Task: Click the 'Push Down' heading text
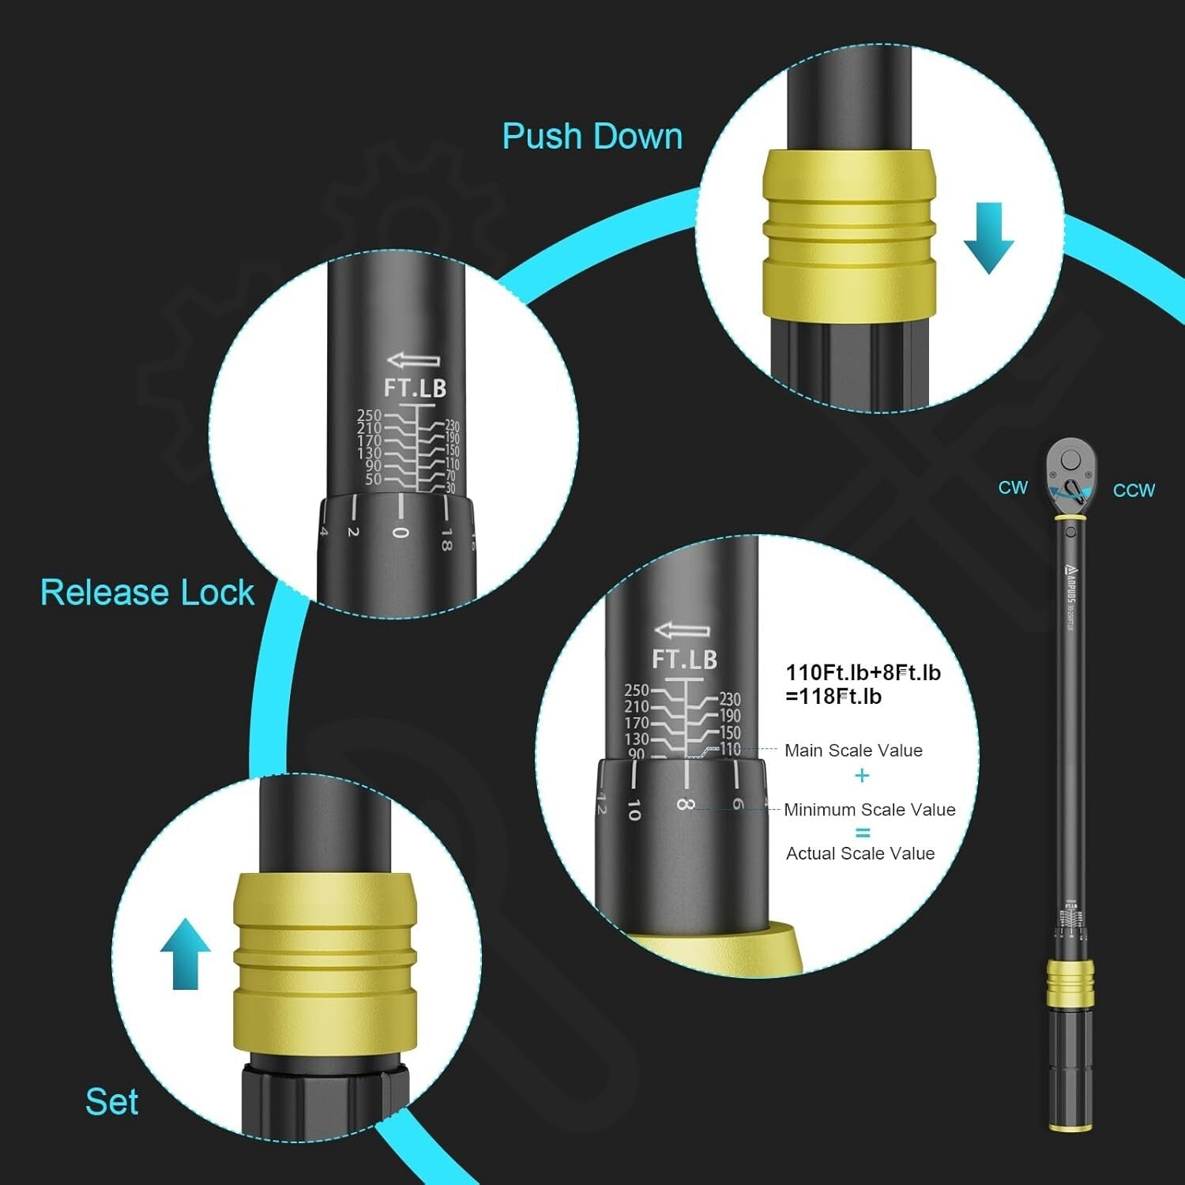coord(592,136)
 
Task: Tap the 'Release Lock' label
coord(147,592)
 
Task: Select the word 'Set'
coord(111,1101)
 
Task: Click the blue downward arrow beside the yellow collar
coord(988,237)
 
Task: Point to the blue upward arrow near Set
coord(186,953)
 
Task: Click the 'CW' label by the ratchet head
coord(1013,487)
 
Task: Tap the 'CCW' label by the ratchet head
coord(1134,491)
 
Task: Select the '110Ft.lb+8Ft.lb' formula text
coord(863,672)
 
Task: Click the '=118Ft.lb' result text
coord(833,697)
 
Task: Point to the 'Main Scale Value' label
coord(853,750)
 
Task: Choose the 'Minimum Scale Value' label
coord(869,810)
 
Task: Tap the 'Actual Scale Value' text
coord(860,853)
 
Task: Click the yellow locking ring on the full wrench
coord(1070,984)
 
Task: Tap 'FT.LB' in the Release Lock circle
coord(415,388)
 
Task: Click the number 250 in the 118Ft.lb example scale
coord(636,690)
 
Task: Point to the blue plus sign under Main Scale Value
coord(862,776)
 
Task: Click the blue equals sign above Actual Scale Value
coord(862,833)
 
